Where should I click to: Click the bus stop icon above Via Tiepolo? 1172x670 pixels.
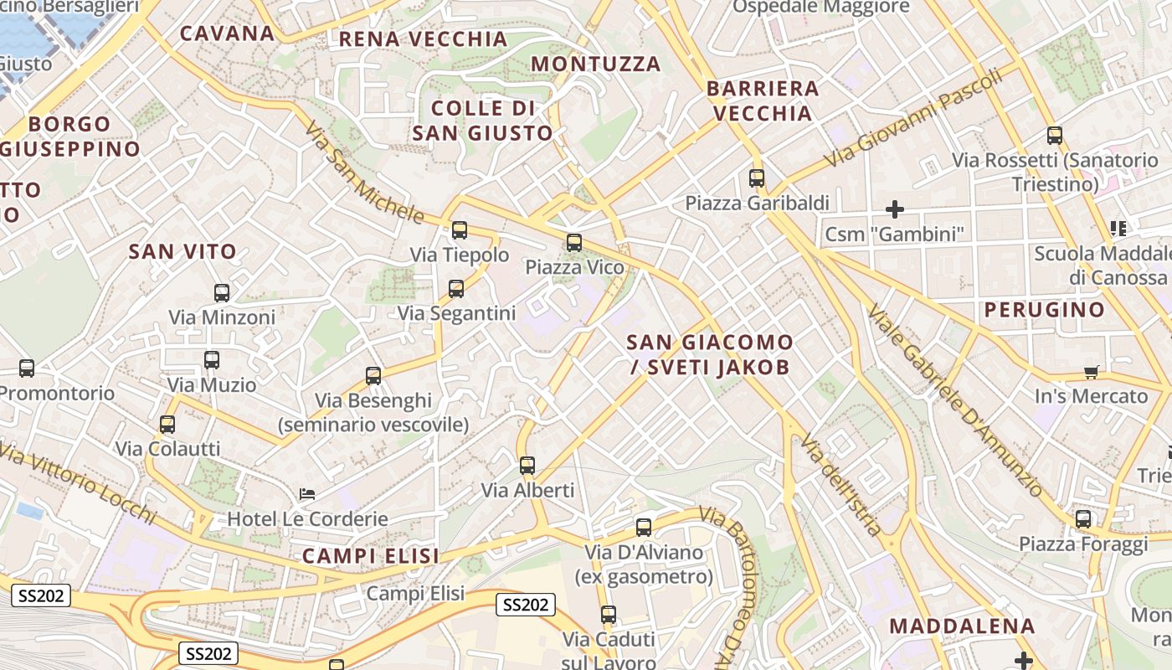(459, 230)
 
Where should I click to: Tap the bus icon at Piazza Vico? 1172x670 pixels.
(573, 243)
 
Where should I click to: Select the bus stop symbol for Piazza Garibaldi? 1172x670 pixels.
(757, 178)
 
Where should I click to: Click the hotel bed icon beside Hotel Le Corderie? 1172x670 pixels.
(307, 494)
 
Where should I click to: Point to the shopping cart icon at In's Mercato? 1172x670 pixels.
(1091, 372)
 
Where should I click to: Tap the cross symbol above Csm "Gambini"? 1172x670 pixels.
(895, 209)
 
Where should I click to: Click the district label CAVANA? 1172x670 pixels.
(227, 33)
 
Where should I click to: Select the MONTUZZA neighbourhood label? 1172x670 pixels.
(596, 64)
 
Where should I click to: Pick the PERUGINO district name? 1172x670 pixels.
(1044, 310)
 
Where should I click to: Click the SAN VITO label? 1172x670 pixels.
(182, 251)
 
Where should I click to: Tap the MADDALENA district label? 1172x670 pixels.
(962, 626)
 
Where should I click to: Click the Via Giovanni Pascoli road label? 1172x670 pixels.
(912, 117)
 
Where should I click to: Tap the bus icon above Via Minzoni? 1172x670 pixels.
(221, 293)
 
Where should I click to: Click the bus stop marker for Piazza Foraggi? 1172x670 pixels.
(1083, 519)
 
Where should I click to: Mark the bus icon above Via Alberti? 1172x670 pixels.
(527, 466)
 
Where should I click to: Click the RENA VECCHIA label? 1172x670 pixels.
(423, 39)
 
